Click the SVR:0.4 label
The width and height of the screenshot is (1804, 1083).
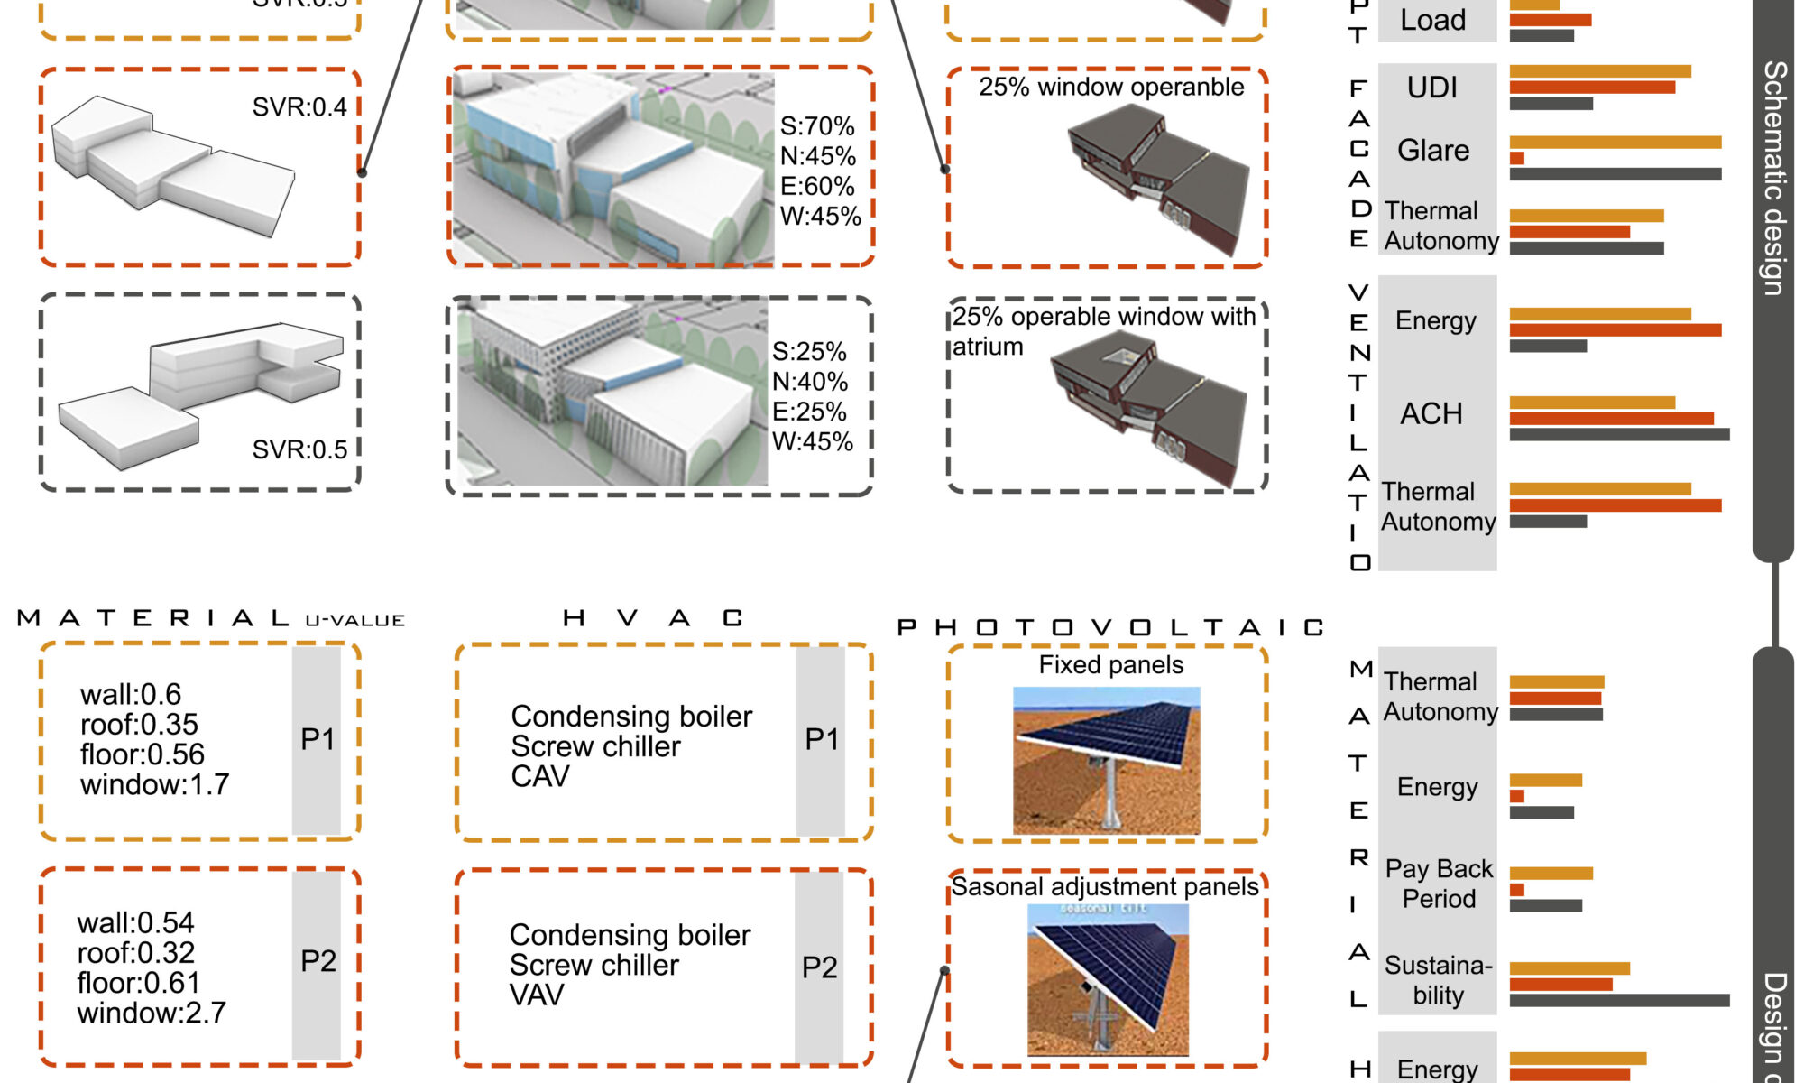pyautogui.click(x=299, y=107)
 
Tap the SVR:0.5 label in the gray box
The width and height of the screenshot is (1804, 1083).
pyautogui.click(x=299, y=449)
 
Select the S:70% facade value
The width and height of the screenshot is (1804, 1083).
pyautogui.click(x=817, y=126)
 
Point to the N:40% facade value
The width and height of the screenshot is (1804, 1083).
pyautogui.click(x=809, y=382)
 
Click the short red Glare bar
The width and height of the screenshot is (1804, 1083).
pyautogui.click(x=1517, y=159)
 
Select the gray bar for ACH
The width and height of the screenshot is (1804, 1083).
pyautogui.click(x=1619, y=435)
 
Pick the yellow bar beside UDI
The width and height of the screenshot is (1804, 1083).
pyautogui.click(x=1600, y=71)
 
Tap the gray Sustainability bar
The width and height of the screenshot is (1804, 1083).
pyautogui.click(x=1619, y=1000)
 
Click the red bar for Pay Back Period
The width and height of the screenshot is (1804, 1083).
pyautogui.click(x=1517, y=890)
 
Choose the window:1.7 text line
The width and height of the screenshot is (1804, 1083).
pyautogui.click(x=154, y=784)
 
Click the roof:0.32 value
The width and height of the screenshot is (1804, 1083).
pyautogui.click(x=135, y=953)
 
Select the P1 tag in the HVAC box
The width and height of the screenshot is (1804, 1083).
pyautogui.click(x=822, y=739)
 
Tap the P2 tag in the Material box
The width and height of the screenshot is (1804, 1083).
pyautogui.click(x=318, y=961)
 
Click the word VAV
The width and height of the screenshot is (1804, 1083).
pyautogui.click(x=537, y=995)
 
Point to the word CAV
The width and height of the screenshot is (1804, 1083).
pyautogui.click(x=540, y=776)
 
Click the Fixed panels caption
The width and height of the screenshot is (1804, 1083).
pyautogui.click(x=1110, y=665)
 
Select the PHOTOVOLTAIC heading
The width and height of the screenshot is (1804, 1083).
pyautogui.click(x=1110, y=627)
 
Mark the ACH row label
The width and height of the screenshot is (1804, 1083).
pyautogui.click(x=1431, y=414)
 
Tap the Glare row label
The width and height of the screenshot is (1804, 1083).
pyautogui.click(x=1433, y=150)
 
